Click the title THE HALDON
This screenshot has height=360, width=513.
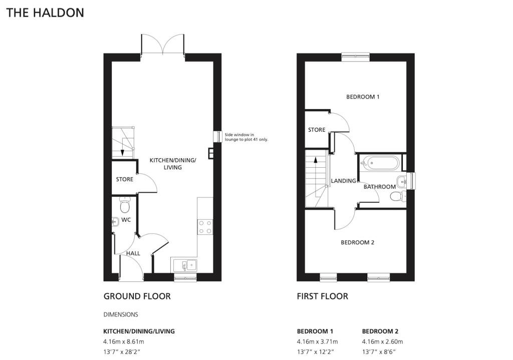click(x=45, y=13)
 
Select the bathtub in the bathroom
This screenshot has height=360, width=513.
click(x=380, y=163)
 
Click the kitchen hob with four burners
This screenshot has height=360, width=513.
click(x=205, y=227)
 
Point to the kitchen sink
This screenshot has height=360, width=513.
click(x=185, y=264)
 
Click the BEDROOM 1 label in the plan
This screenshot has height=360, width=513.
click(x=363, y=97)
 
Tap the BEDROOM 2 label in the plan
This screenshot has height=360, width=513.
click(x=358, y=242)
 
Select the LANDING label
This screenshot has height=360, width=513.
click(x=344, y=181)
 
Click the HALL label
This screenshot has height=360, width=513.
click(x=133, y=253)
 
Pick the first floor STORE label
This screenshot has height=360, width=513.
click(x=317, y=130)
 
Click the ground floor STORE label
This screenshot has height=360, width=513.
click(x=124, y=179)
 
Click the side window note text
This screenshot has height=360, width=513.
click(x=246, y=137)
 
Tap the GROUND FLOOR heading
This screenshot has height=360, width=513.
click(x=137, y=296)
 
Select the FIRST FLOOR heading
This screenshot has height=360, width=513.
click(x=322, y=296)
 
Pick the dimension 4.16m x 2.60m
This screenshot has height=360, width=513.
click(x=382, y=341)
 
